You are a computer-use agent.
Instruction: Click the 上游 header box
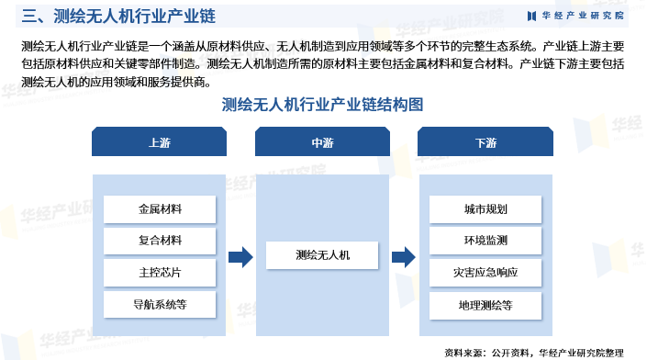click(160, 143)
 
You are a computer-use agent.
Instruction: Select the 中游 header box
click(322, 143)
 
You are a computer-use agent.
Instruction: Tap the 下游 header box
click(485, 143)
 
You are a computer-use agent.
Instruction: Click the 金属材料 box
click(160, 209)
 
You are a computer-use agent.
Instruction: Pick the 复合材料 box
click(160, 241)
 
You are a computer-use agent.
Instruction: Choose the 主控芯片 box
click(160, 273)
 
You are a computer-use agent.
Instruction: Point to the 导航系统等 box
click(160, 304)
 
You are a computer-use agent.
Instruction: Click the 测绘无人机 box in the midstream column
click(322, 255)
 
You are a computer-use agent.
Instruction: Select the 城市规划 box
click(485, 209)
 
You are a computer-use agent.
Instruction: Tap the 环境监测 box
click(485, 241)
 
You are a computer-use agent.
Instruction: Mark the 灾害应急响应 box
click(485, 273)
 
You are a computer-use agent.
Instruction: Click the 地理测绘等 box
click(485, 304)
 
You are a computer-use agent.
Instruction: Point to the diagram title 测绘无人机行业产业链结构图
click(323, 105)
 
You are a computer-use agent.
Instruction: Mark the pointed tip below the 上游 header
click(160, 163)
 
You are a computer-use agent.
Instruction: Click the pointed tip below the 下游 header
click(485, 163)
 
